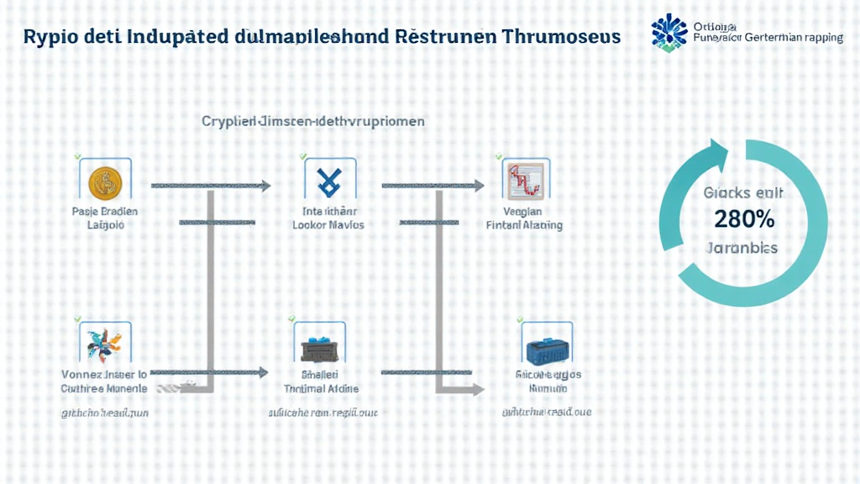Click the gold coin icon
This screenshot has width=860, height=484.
coord(105,180)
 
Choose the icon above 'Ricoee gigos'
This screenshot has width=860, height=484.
coord(547,345)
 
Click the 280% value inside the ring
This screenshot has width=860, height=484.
coord(743,219)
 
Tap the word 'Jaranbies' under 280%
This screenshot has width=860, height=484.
coord(742,248)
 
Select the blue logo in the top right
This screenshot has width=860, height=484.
coord(669,32)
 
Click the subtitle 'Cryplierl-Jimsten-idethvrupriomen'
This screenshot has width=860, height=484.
coord(312,121)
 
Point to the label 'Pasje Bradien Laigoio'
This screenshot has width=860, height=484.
coord(105,218)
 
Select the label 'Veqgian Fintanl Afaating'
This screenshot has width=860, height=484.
coord(525,218)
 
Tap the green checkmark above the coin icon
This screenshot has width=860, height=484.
coord(77,156)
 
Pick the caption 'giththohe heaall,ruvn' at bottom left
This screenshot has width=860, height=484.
coord(105,413)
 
